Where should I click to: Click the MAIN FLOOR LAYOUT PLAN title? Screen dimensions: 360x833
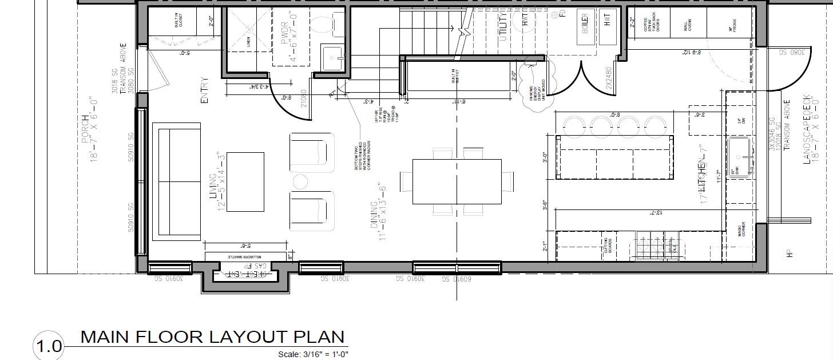click(212, 337)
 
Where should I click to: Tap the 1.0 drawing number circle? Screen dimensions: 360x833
click(48, 346)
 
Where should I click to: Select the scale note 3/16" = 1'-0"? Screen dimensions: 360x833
click(313, 354)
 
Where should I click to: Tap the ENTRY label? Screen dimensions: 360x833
click(204, 91)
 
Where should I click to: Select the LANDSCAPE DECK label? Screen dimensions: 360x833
click(807, 129)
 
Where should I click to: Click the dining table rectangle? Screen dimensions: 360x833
click(457, 181)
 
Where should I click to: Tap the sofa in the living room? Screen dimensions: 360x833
click(176, 182)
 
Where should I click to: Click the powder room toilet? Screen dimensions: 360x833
click(325, 25)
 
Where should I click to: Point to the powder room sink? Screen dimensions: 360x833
click(332, 57)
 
